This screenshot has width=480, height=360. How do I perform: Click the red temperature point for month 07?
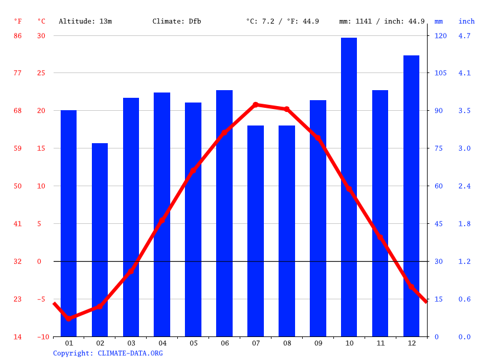pyautogui.click(x=256, y=105)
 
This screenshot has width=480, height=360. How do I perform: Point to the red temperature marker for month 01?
pyautogui.click(x=69, y=318)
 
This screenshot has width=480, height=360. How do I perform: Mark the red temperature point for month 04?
pyautogui.click(x=162, y=220)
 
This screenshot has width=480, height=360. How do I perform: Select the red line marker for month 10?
pyautogui.click(x=349, y=189)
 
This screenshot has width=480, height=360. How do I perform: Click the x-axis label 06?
pyautogui.click(x=224, y=343)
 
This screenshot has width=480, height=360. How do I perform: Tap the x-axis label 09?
pyautogui.click(x=318, y=343)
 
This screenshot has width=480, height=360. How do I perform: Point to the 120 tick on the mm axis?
pyautogui.click(x=441, y=36)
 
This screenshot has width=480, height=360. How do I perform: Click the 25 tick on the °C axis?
pyautogui.click(x=41, y=73)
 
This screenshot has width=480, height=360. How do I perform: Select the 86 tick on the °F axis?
pyautogui.click(x=18, y=36)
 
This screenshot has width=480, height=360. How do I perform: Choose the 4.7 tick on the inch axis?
pyautogui.click(x=465, y=36)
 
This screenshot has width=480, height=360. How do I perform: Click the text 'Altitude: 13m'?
pyautogui.click(x=85, y=21)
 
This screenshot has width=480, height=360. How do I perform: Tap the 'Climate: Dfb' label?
pyautogui.click(x=177, y=21)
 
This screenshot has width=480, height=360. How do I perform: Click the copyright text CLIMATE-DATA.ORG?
pyautogui.click(x=108, y=353)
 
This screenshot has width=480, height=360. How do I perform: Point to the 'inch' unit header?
pyautogui.click(x=466, y=21)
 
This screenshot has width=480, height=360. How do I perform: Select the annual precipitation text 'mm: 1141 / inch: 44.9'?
pyautogui.click(x=382, y=21)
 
